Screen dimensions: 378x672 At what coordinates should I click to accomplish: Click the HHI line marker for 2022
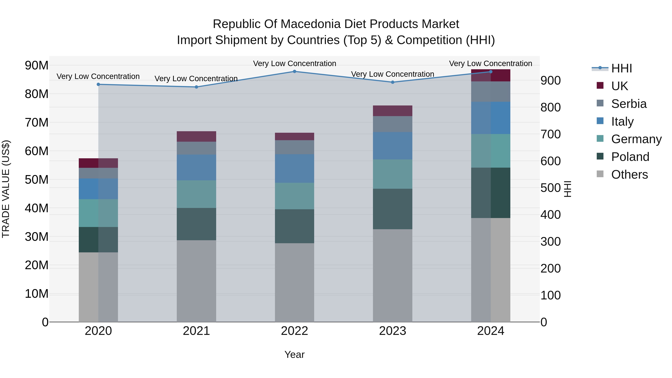pyautogui.click(x=295, y=71)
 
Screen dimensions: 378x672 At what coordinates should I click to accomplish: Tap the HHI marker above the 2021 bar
pyautogui.click(x=196, y=87)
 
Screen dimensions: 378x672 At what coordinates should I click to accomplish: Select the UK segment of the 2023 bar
pyautogui.click(x=392, y=111)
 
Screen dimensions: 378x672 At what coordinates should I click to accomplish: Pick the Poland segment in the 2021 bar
pyautogui.click(x=196, y=224)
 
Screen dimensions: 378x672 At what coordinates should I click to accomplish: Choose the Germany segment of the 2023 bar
pyautogui.click(x=392, y=174)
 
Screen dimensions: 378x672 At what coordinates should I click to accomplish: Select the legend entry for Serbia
pyautogui.click(x=629, y=104)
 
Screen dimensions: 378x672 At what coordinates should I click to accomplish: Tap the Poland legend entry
pyautogui.click(x=630, y=157)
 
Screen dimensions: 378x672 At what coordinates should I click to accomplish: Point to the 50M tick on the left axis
pyautogui.click(x=37, y=179)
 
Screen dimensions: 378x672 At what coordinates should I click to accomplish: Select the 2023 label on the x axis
pyautogui.click(x=392, y=331)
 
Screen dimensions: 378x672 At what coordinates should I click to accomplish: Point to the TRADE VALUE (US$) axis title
pyautogui.click(x=6, y=189)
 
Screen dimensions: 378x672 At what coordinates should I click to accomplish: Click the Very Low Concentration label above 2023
pyautogui.click(x=392, y=74)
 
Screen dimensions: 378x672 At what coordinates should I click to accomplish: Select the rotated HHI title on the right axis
pyautogui.click(x=568, y=189)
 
